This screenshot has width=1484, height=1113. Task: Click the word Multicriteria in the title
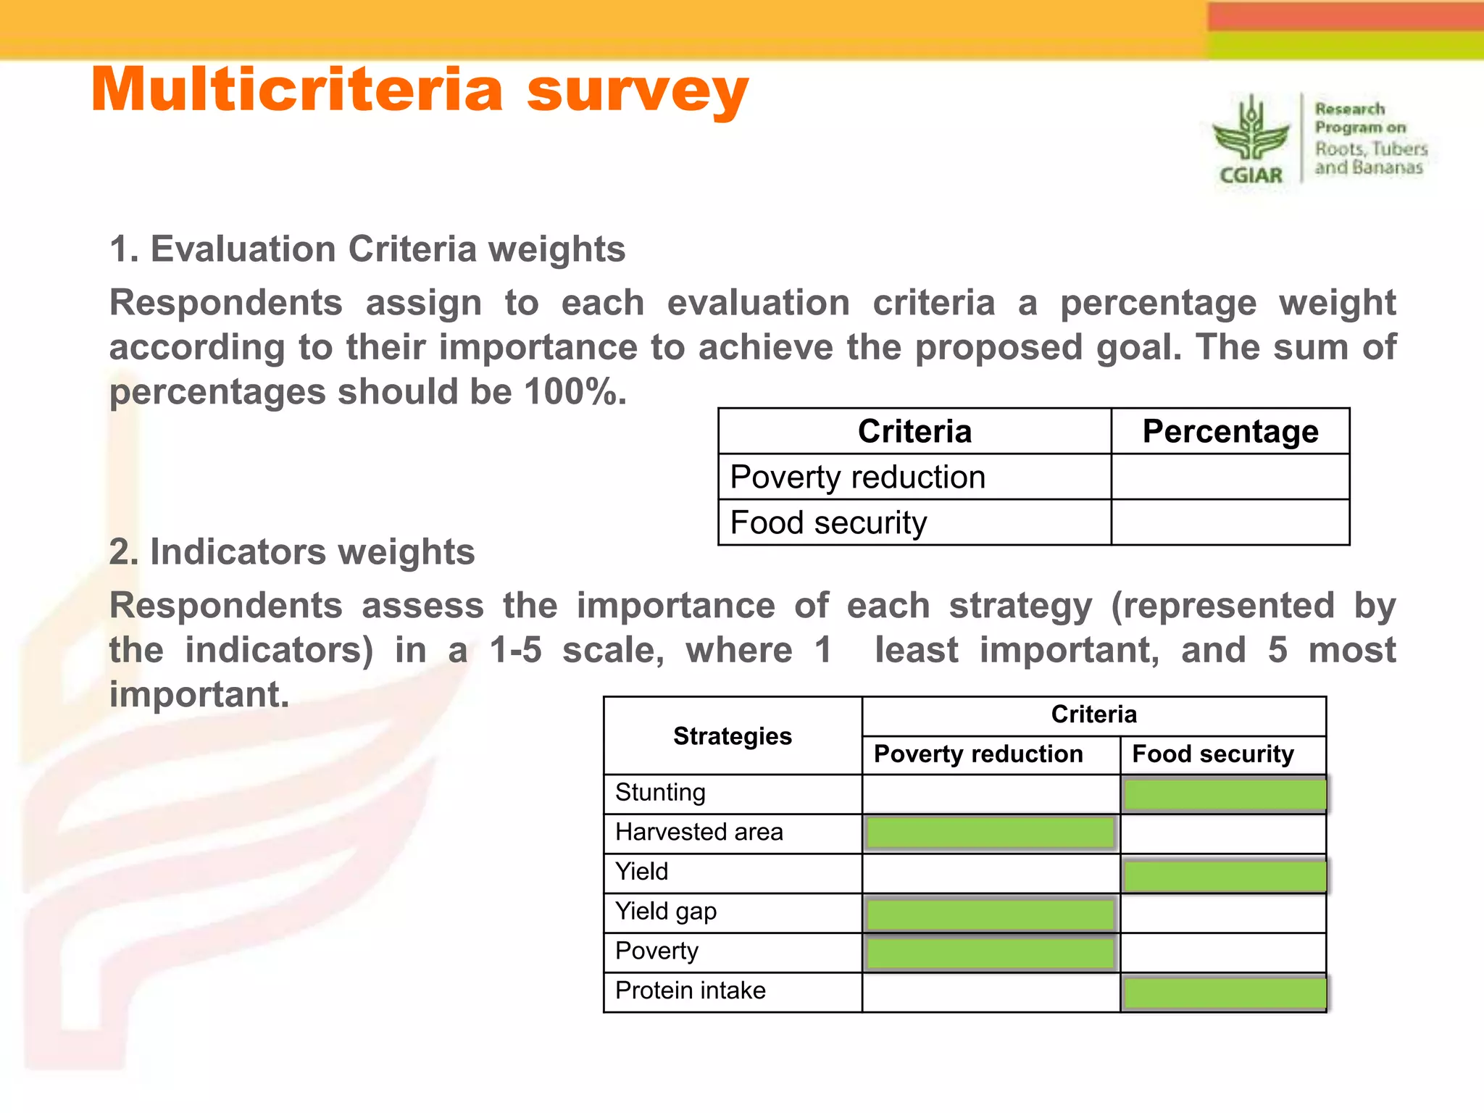click(297, 90)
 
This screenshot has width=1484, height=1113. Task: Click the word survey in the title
click(637, 91)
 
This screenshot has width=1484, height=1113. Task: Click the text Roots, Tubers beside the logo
click(1370, 149)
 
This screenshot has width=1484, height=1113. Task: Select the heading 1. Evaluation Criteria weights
click(367, 249)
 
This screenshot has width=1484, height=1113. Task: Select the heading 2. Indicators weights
click(292, 552)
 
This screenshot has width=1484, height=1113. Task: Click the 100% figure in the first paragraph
click(571, 392)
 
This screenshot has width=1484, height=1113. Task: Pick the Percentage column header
click(1230, 432)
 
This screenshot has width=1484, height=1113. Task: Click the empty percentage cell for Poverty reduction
click(1230, 477)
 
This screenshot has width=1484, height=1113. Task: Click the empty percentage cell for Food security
click(1230, 522)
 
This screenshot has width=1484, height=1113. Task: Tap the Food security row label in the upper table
click(828, 522)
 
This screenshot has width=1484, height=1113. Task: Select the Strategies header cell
click(732, 736)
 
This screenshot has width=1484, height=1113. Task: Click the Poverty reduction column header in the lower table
click(978, 754)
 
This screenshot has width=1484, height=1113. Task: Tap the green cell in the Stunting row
click(1223, 794)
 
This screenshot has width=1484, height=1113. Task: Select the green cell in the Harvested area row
click(990, 833)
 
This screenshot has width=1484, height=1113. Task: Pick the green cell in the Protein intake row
click(1223, 993)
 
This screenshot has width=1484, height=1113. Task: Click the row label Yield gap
click(666, 912)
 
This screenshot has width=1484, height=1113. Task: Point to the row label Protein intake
click(690, 991)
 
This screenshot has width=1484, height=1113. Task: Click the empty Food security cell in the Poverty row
click(1223, 952)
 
